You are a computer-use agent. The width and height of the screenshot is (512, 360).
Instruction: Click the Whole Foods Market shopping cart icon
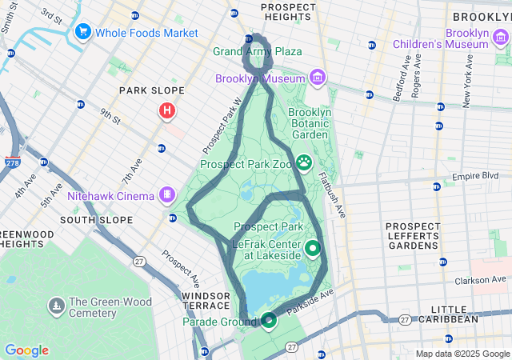(x=82, y=33)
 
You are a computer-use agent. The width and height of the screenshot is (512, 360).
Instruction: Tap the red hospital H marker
(x=167, y=110)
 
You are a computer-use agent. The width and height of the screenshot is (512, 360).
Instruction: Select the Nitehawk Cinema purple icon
(x=167, y=194)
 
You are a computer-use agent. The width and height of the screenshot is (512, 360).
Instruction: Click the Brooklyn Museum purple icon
(x=318, y=78)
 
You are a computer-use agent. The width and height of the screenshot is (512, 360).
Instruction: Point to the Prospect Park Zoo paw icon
(x=305, y=162)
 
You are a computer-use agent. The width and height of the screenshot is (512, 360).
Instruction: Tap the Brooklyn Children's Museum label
(x=446, y=38)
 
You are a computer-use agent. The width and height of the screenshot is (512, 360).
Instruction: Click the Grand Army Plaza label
(x=258, y=52)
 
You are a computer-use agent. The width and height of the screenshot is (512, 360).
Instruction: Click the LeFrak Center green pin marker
(x=312, y=250)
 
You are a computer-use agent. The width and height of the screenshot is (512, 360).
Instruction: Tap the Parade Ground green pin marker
(x=269, y=320)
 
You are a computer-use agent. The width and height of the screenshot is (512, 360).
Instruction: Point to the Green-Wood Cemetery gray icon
(x=56, y=305)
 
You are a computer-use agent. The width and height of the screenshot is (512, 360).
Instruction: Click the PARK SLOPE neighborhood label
(x=152, y=90)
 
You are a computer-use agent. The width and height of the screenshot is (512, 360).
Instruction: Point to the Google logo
(x=26, y=350)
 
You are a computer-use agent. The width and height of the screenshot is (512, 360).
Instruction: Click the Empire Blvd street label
(x=476, y=176)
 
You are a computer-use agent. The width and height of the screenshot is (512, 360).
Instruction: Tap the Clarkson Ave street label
(x=482, y=279)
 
